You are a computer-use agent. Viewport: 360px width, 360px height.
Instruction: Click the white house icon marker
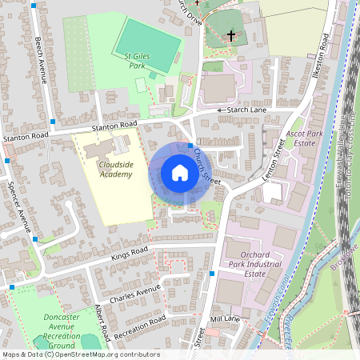pyautogui.click(x=179, y=173)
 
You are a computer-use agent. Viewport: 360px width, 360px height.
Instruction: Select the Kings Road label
pyautogui.click(x=130, y=253)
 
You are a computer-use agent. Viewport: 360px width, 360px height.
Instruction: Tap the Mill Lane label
pyautogui.click(x=226, y=318)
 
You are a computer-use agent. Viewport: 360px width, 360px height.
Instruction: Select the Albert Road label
pyautogui.click(x=102, y=318)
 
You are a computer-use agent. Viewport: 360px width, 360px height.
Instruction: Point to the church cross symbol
pyautogui.click(x=232, y=36)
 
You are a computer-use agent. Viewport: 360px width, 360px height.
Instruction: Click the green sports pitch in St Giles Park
pyautogui.click(x=148, y=43)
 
